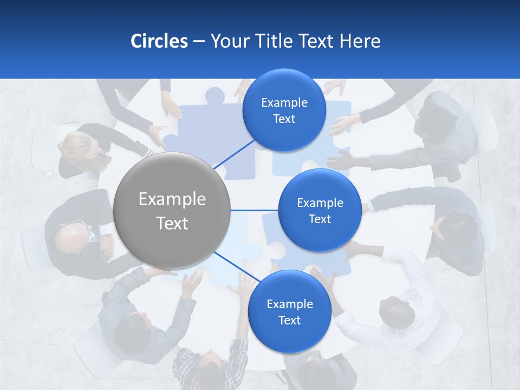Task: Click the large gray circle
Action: pyautogui.click(x=172, y=210)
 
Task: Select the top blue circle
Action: pyautogui.click(x=284, y=110)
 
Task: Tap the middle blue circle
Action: pyautogui.click(x=320, y=210)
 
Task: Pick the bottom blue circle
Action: pyautogui.click(x=289, y=311)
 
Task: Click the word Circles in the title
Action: pyautogui.click(x=159, y=41)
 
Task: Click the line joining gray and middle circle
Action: pyautogui.click(x=254, y=210)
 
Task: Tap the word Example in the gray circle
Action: pyautogui.click(x=172, y=199)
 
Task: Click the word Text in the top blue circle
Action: pyautogui.click(x=284, y=119)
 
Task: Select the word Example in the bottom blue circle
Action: pyautogui.click(x=289, y=304)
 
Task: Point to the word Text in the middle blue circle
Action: pyautogui.click(x=320, y=219)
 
